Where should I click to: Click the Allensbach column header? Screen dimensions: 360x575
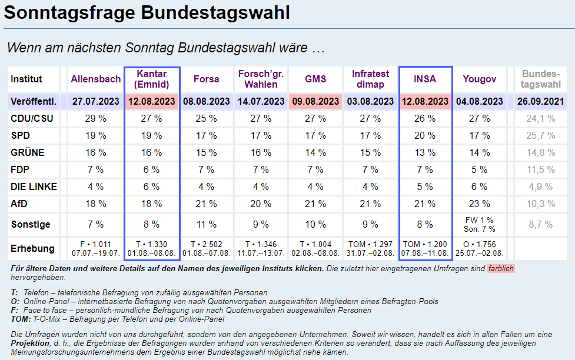tap(96, 79)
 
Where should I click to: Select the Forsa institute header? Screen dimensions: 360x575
tap(206, 79)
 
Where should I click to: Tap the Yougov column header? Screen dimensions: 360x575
tap(480, 79)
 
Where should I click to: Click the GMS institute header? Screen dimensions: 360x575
tap(315, 79)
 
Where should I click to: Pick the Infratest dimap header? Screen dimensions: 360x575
tap(371, 79)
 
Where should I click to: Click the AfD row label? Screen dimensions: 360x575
tap(19, 204)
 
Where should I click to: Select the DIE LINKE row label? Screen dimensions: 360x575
tap(34, 186)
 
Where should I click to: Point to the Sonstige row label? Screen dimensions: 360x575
tap(31, 224)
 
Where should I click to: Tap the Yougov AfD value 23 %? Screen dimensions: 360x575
tap(480, 204)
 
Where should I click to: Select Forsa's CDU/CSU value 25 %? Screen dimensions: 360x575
tap(206, 118)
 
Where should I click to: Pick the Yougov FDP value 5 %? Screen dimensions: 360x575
tap(480, 169)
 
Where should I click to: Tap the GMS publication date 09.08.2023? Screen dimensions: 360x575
tap(315, 101)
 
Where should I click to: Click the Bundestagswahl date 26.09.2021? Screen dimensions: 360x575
tap(541, 101)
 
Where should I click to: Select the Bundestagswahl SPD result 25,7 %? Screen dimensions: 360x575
tap(541, 135)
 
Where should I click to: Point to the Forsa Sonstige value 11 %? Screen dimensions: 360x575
tap(206, 224)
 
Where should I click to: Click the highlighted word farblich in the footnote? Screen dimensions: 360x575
tap(501, 269)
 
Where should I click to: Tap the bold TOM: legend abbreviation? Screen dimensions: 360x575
tap(21, 319)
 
